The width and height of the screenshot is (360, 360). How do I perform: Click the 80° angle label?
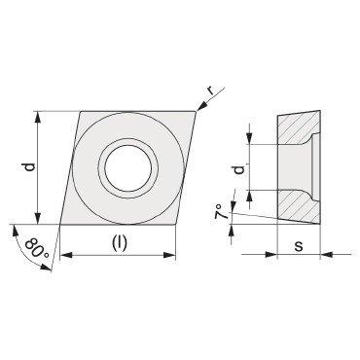pyautogui.click(x=37, y=249)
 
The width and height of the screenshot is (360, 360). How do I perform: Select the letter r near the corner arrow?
pyautogui.click(x=212, y=91)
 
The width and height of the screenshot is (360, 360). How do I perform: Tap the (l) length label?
pyautogui.click(x=120, y=243)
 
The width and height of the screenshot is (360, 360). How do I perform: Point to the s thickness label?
pyautogui.click(x=299, y=246)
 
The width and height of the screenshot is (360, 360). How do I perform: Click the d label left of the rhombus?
pyautogui.click(x=29, y=167)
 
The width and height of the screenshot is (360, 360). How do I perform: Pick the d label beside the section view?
pyautogui.click(x=239, y=169)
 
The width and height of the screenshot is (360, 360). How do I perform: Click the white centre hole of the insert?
pyautogui.click(x=128, y=168)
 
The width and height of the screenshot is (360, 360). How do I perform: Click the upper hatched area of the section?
pyautogui.click(x=297, y=128)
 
